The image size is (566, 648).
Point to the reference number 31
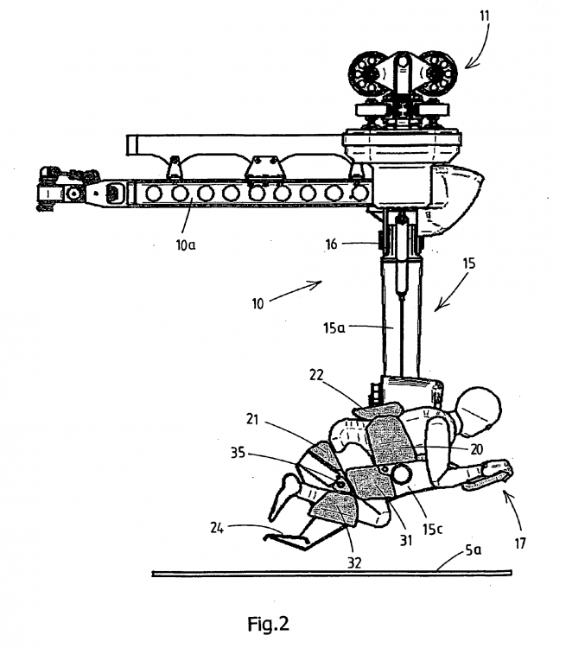point(404,540)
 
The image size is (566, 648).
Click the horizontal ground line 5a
point(328,573)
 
